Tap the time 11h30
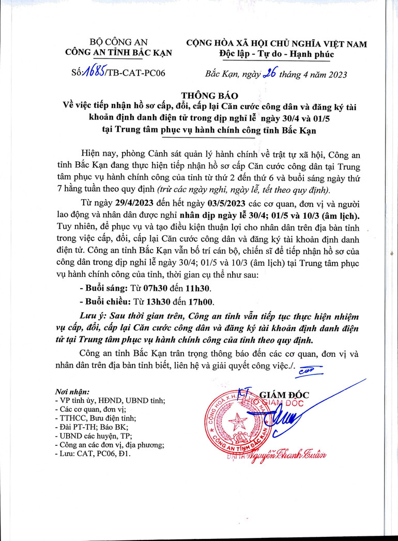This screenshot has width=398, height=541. tap(200, 288)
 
